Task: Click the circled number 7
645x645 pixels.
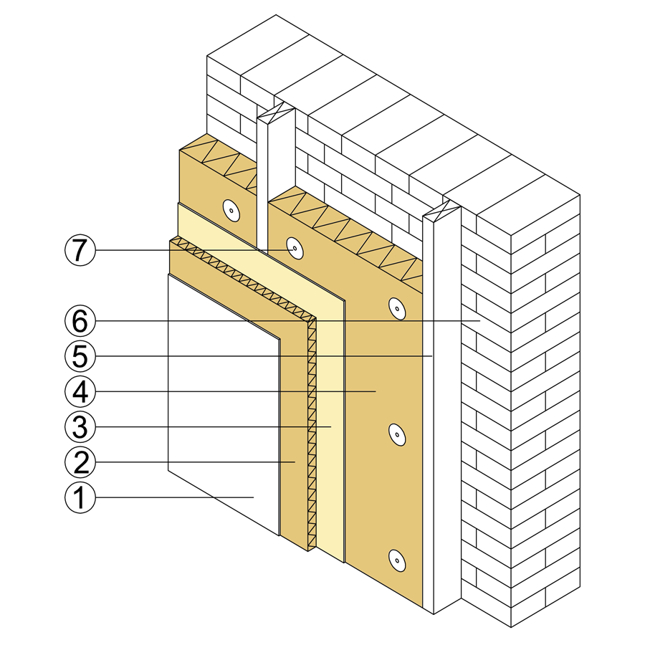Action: pos(80,250)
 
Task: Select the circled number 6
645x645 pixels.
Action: pos(80,321)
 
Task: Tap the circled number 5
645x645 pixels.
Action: pos(80,356)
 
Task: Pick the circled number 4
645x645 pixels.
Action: pos(80,391)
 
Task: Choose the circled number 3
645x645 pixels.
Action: pos(80,427)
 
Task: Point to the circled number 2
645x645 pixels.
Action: pos(80,462)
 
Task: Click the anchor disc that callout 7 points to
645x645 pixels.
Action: pos(295,249)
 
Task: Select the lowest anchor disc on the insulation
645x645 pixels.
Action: pos(397,560)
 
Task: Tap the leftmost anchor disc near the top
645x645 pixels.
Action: pos(231,211)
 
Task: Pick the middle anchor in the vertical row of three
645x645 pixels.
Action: pos(397,434)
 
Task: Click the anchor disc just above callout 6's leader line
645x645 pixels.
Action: pos(397,308)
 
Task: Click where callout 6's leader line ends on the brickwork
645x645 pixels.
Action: pos(480,321)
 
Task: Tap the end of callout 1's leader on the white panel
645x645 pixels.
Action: pos(254,498)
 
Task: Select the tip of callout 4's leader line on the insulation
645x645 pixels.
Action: pos(376,391)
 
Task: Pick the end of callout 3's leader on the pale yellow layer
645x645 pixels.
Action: pos(331,427)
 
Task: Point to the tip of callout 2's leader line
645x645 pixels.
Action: pos(295,462)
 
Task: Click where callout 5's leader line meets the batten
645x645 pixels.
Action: pos(432,356)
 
